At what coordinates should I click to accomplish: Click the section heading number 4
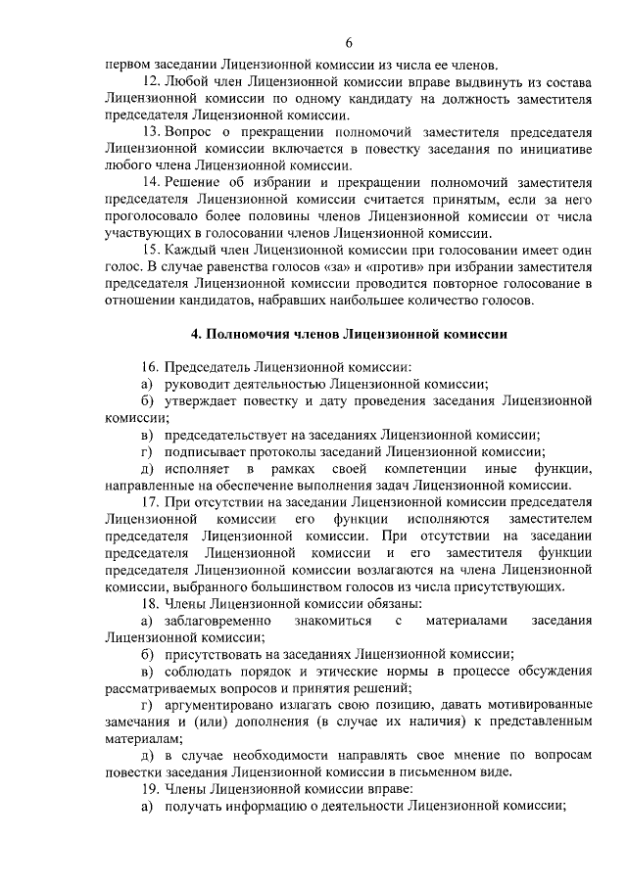196,333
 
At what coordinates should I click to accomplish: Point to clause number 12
150,79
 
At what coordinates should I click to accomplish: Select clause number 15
150,250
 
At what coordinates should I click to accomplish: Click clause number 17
150,501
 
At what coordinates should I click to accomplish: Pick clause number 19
150,789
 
